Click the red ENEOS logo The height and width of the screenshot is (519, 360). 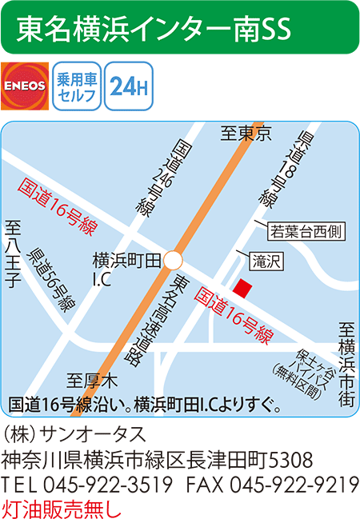25,86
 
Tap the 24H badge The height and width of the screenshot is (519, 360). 128,86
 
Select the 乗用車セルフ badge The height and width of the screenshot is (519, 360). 77,86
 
